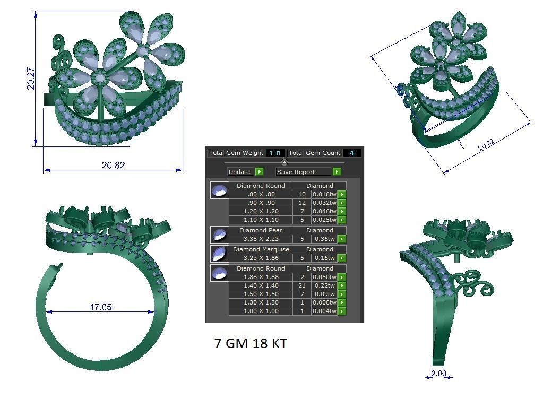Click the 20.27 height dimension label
[x=31, y=77]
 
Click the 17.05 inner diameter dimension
[x=100, y=307]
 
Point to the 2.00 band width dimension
[x=438, y=374]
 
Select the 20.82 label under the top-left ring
[x=113, y=166]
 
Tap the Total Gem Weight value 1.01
[x=275, y=153]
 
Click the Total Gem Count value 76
[x=351, y=153]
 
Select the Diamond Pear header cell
[x=261, y=230]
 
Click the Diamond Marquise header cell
[x=261, y=249]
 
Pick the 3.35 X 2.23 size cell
[x=261, y=239]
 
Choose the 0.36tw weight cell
[x=324, y=239]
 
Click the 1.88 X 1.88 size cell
[x=261, y=277]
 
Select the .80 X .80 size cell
[x=261, y=194]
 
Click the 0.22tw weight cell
[x=324, y=285]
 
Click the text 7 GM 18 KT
[x=251, y=343]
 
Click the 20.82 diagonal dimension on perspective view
[x=486, y=144]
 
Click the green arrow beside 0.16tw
[x=342, y=258]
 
